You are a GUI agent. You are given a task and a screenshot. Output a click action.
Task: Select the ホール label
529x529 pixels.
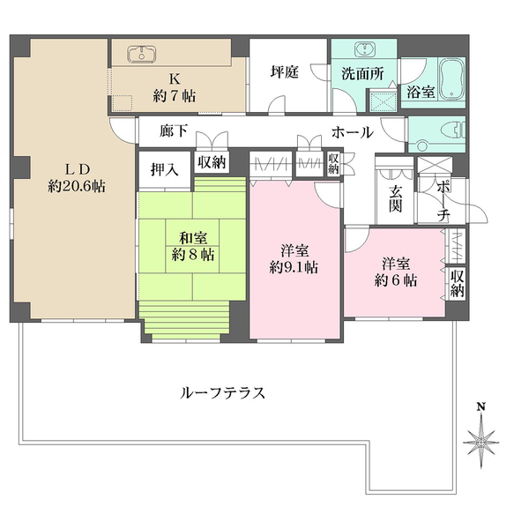point(352,132)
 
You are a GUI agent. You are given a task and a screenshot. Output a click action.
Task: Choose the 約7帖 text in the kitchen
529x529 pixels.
point(176,94)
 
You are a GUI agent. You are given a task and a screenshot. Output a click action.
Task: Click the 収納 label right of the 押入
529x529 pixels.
point(212,161)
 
